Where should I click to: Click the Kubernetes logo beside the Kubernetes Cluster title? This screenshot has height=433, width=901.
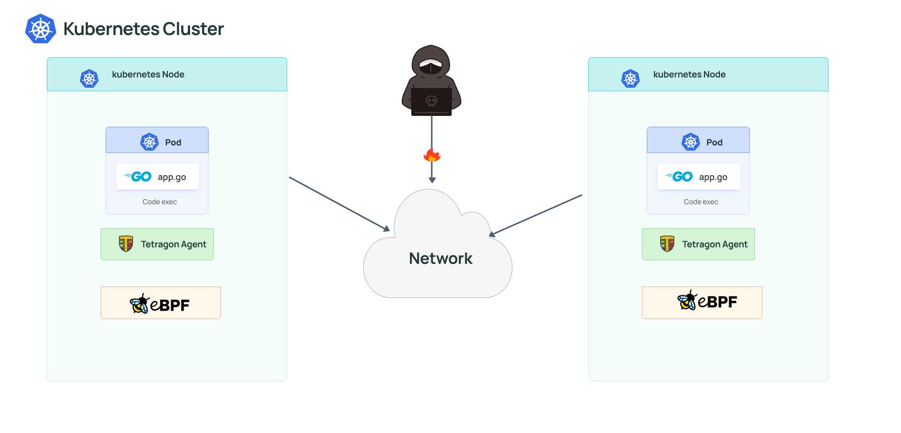pyautogui.click(x=40, y=29)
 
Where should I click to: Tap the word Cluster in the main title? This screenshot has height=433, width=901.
pyautogui.click(x=193, y=29)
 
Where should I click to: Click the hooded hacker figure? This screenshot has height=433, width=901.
pyautogui.click(x=431, y=79)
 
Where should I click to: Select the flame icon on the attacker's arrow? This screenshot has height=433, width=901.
pyautogui.click(x=432, y=155)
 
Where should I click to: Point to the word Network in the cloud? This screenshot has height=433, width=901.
pyautogui.click(x=441, y=258)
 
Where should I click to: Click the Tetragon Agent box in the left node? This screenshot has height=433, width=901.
pyautogui.click(x=157, y=244)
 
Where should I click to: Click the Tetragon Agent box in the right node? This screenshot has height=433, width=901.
pyautogui.click(x=698, y=244)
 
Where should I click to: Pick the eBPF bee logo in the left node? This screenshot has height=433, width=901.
pyautogui.click(x=139, y=304)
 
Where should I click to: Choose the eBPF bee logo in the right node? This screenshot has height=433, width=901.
pyautogui.click(x=687, y=300)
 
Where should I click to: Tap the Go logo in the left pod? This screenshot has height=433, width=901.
pyautogui.click(x=139, y=177)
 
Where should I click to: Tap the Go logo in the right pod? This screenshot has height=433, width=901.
pyautogui.click(x=680, y=177)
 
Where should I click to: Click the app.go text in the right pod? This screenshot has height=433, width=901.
pyautogui.click(x=713, y=178)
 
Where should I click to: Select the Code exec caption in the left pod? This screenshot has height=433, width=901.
pyautogui.click(x=159, y=202)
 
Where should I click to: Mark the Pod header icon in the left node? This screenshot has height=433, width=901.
pyautogui.click(x=149, y=142)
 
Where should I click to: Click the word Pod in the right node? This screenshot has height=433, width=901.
pyautogui.click(x=714, y=143)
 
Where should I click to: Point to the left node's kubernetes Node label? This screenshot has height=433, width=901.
pyautogui.click(x=148, y=74)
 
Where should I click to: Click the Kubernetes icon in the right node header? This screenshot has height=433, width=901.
pyautogui.click(x=630, y=78)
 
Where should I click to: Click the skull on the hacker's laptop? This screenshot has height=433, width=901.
pyautogui.click(x=431, y=101)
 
